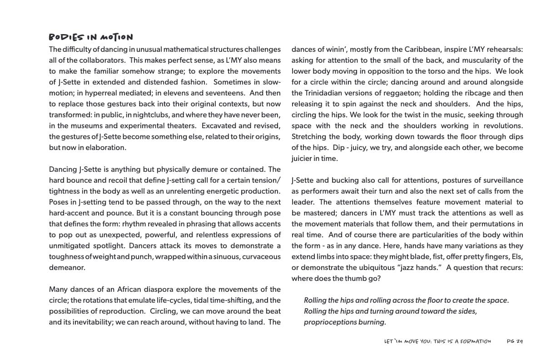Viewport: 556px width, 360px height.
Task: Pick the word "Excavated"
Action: click(221, 125)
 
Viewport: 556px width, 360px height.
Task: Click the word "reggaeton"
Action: click(405, 93)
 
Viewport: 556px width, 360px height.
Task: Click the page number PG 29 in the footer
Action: click(515, 341)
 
